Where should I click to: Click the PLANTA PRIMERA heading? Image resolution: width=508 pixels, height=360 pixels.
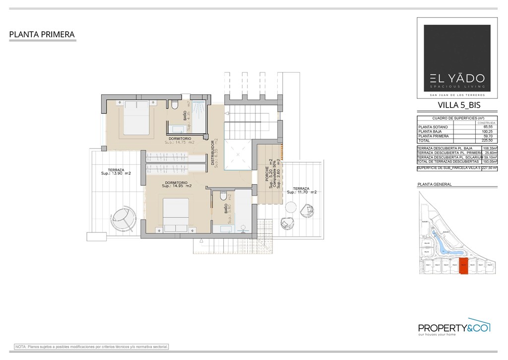pyautogui.click(x=42, y=35)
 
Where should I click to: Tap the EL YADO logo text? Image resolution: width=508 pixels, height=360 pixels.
pyautogui.click(x=457, y=78)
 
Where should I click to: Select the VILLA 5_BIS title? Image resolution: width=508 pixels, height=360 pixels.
pyautogui.click(x=459, y=105)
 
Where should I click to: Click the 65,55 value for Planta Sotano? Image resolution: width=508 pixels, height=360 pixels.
pyautogui.click(x=481, y=127)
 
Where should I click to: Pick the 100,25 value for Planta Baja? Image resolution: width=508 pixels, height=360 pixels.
pyautogui.click(x=481, y=132)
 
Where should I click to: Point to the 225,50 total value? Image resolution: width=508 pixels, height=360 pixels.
pyautogui.click(x=481, y=140)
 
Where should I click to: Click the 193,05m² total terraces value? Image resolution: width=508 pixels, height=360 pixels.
pyautogui.click(x=490, y=161)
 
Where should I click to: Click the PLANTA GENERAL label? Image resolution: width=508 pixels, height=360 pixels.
pyautogui.click(x=435, y=184)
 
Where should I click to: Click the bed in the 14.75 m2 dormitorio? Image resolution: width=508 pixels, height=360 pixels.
pyautogui.click(x=136, y=117)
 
